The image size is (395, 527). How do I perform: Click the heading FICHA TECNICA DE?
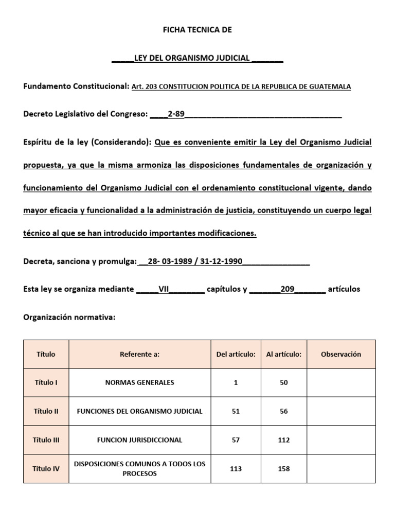tap(197, 30)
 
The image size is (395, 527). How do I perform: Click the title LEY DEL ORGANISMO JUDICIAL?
tap(192, 58)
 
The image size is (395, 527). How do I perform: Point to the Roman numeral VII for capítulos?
tap(164, 289)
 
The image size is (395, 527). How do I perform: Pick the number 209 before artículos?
tap(287, 289)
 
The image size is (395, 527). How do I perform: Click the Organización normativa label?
tap(69, 318)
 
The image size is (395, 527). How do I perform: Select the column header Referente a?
tap(139, 354)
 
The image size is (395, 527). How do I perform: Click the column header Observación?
tap(341, 354)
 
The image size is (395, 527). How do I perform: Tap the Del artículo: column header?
tap(236, 354)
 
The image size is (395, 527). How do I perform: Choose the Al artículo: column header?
tap(284, 354)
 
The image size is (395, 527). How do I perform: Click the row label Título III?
tap(46, 440)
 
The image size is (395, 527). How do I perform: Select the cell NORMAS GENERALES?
tap(139, 382)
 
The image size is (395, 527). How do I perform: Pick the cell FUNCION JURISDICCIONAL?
tap(139, 440)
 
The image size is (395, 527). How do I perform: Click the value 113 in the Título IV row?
tap(236, 468)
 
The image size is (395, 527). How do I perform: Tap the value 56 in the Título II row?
tap(284, 411)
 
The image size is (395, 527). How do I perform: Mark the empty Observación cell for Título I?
tap(341, 382)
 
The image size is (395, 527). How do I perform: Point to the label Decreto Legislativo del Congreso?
tap(85, 114)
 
